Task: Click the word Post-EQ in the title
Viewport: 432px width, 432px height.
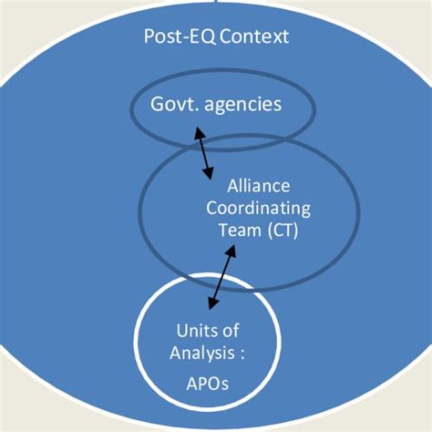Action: (180, 36)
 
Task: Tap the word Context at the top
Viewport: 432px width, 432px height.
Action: (254, 36)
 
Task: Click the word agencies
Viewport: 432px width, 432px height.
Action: (243, 106)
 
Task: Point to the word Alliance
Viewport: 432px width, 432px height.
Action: (259, 186)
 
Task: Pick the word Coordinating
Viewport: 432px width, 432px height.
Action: (259, 210)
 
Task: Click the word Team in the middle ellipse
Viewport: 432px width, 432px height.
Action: (240, 230)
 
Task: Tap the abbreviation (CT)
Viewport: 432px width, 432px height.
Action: (283, 231)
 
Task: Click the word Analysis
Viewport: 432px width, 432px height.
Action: (202, 354)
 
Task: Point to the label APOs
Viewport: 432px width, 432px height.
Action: (208, 384)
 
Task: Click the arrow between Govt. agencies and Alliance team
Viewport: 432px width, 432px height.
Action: (203, 153)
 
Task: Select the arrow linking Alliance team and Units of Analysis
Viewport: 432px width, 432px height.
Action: (222, 277)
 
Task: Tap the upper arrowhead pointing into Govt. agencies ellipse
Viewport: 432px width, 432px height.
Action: (199, 132)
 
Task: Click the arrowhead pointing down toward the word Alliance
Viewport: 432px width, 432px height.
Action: (209, 173)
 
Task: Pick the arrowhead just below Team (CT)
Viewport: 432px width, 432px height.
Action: (231, 251)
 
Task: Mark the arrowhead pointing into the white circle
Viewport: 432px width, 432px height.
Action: (212, 303)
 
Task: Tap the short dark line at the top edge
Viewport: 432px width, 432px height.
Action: (218, 1)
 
